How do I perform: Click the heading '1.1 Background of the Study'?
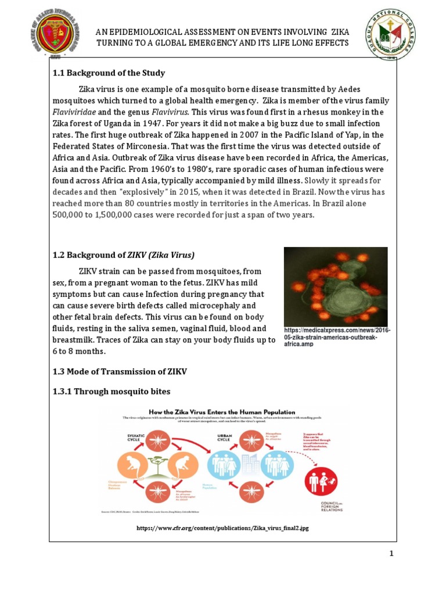pos(109,73)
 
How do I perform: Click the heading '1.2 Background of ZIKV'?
pos(123,255)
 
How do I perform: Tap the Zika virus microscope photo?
pos(335,286)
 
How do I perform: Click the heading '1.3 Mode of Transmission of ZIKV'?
pos(120,371)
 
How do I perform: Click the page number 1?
pos(391,554)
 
